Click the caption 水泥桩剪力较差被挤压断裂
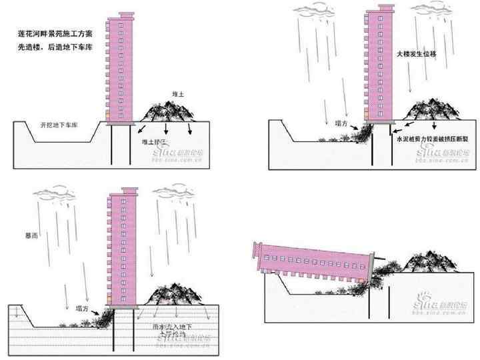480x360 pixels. [434, 141]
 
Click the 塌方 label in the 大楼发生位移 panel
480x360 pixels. [341, 123]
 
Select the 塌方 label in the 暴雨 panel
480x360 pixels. [83, 308]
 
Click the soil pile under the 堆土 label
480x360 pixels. [167, 112]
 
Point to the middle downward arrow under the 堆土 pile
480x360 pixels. [166, 129]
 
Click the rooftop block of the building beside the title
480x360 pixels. [126, 15]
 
